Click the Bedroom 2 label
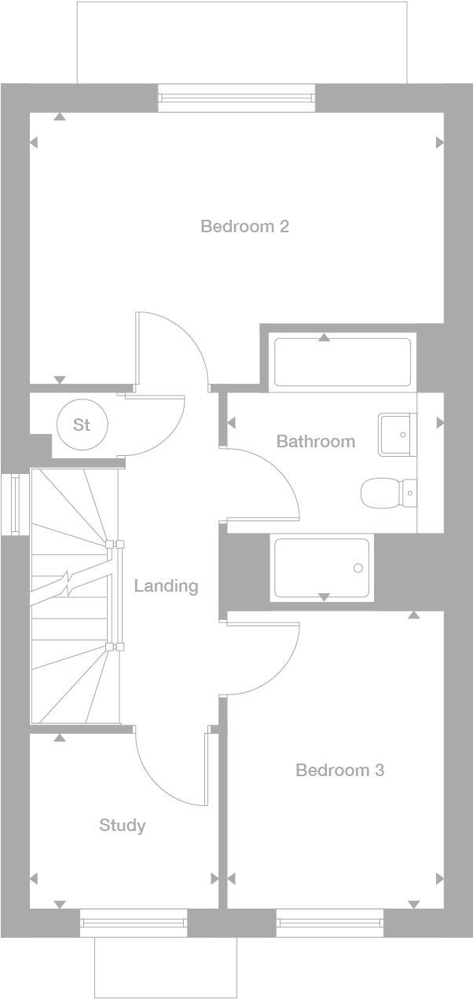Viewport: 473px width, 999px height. (244, 227)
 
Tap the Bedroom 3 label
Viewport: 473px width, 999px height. (339, 770)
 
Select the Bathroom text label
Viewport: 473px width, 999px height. (315, 442)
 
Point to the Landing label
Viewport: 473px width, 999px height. (166, 585)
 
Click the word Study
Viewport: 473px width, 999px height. (122, 825)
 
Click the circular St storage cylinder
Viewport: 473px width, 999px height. (82, 425)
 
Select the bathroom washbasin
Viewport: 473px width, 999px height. (397, 434)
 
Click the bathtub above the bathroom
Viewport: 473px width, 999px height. (342, 362)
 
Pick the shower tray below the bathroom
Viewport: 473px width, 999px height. (321, 567)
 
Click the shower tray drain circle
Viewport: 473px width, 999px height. (358, 568)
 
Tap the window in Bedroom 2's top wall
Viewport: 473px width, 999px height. (236, 98)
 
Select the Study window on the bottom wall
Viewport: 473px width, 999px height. (134, 923)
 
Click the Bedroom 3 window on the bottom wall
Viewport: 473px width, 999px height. (330, 923)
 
